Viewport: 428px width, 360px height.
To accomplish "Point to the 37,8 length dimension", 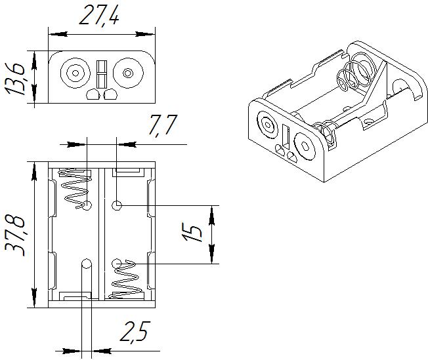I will [16, 233].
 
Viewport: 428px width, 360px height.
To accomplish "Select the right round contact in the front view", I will [127, 73].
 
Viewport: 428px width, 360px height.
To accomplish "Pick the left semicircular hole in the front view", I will [93, 95].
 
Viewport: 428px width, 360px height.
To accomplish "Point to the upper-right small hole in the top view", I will [117, 206].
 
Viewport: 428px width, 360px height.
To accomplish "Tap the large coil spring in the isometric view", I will [355, 75].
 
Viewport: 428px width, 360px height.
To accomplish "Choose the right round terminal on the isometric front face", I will [307, 144].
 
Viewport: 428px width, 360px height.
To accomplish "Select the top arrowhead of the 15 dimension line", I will [211, 211].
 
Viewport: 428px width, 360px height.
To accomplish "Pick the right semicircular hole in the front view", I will [110, 95].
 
